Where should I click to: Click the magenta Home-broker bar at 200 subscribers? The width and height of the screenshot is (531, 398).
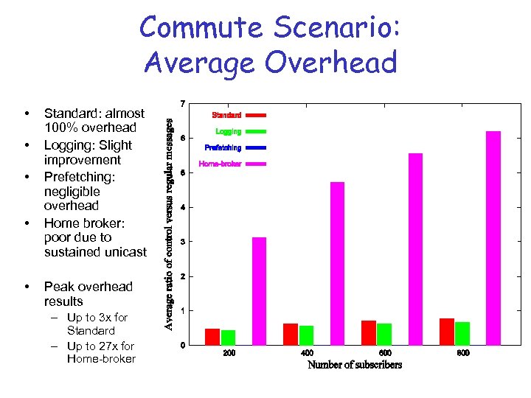pos(259,291)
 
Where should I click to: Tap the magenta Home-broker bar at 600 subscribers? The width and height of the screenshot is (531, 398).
pos(415,249)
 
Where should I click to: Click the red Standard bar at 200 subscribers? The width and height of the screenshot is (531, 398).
pos(212,337)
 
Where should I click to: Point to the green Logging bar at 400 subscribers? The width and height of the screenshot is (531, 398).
pos(306,335)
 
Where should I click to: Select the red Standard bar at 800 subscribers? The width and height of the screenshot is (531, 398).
pos(446,332)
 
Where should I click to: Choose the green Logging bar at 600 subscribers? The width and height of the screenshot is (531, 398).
pos(384,334)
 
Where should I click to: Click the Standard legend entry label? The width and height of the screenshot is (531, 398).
pos(226,115)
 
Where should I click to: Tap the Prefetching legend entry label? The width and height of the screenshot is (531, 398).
pos(223,147)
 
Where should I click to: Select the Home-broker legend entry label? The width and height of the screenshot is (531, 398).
pos(220,164)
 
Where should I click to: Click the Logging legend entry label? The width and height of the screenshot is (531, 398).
pos(229,131)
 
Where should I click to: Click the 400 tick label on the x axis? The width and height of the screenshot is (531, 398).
pos(307,354)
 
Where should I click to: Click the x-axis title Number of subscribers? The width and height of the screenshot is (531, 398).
pos(355,365)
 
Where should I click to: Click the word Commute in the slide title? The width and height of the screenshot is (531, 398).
pos(201,27)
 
